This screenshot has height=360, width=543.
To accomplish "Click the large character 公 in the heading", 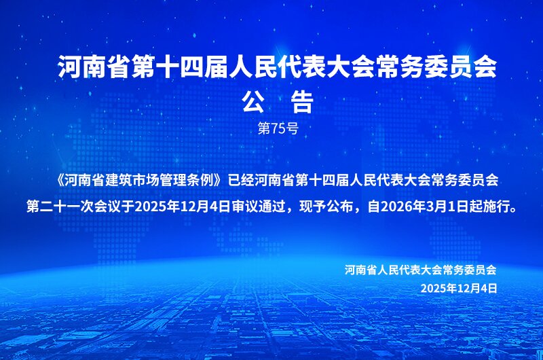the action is pos(253,102).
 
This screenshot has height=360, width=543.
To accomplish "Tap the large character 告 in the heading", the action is pos(302,102).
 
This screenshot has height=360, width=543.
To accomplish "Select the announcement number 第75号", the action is pos(278,128).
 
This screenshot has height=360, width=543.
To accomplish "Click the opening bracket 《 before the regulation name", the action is pos(59,181).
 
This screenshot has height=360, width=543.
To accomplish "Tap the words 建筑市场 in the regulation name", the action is pos(118,181).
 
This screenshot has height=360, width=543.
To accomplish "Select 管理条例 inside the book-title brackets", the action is pos(173,181).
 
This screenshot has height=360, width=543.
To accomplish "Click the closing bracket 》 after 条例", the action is pos(217,181).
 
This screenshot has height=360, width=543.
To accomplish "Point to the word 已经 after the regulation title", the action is pos(241,181).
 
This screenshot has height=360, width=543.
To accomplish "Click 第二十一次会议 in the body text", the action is pos(74,207).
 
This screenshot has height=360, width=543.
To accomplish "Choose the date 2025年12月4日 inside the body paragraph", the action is pos(183,207).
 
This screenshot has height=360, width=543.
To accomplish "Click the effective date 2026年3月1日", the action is pos(418,207).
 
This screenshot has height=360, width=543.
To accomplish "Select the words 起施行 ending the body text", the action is pos(489,207).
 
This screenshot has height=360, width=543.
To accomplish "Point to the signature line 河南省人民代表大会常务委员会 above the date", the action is pos(420,270).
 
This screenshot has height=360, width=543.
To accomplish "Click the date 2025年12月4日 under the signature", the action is pos(459,288).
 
